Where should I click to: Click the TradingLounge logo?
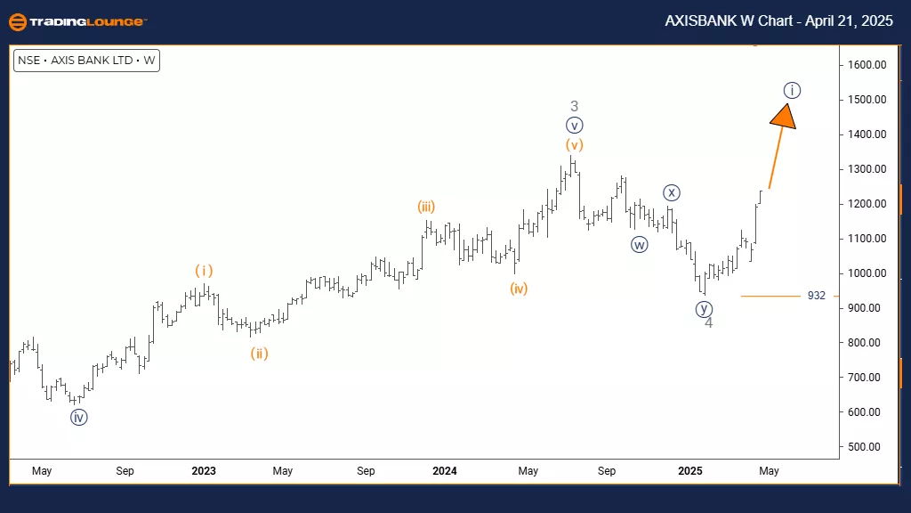click(x=77, y=21)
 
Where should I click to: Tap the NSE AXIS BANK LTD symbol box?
click(x=86, y=61)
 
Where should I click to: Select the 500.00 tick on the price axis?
click(x=863, y=447)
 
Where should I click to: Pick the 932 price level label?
click(x=817, y=296)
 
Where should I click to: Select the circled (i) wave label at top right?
click(x=793, y=90)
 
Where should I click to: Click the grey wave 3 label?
click(x=575, y=106)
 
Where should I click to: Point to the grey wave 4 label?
click(x=708, y=323)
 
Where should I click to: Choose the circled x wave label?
click(x=672, y=192)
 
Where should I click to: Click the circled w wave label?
click(x=639, y=245)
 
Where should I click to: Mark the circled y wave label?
click(x=704, y=309)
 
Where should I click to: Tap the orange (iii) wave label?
click(x=425, y=207)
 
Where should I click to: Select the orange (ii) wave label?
click(x=258, y=354)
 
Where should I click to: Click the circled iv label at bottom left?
click(x=78, y=417)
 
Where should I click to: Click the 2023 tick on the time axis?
click(x=204, y=471)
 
